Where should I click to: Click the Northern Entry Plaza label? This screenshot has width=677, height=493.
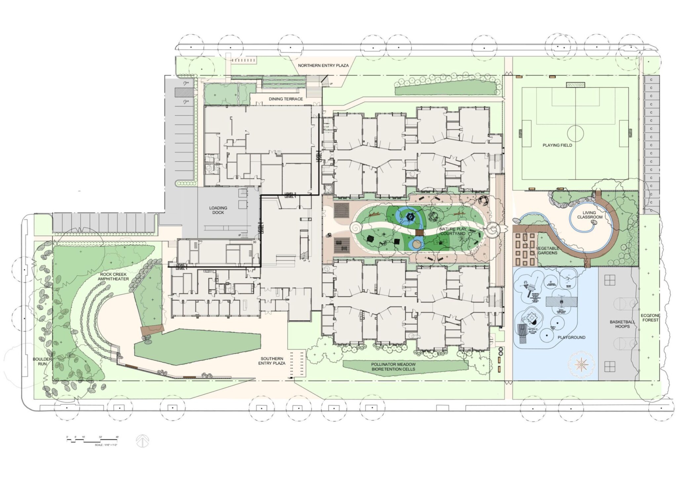(323, 66)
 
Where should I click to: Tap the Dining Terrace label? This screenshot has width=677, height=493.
(286, 99)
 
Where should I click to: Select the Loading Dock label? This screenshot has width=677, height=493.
(218, 210)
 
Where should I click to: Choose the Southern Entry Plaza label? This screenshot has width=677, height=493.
(272, 361)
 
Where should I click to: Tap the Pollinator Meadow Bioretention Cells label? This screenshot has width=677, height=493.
(393, 367)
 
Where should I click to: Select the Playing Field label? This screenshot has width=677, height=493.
(557, 145)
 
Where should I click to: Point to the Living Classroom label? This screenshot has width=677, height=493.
(590, 215)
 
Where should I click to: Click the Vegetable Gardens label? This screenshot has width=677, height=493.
(547, 250)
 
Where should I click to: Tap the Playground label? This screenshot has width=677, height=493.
(571, 337)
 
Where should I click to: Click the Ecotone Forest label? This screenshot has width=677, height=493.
(650, 318)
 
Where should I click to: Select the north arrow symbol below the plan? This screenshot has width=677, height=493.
(142, 441)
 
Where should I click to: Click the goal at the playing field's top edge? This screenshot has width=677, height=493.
(575, 85)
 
